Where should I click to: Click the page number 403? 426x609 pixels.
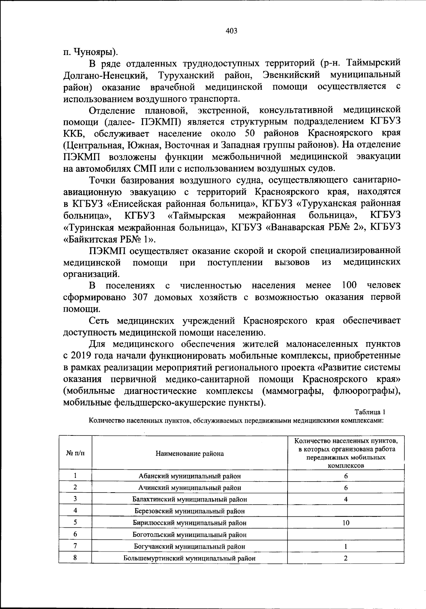[231, 31]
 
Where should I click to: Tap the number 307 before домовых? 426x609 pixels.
[138, 297]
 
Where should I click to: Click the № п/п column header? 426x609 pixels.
[75, 453]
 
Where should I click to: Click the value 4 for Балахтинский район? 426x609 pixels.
[346, 499]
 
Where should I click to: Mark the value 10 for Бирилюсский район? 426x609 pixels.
[346, 523]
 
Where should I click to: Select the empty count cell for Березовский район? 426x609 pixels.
[346, 511]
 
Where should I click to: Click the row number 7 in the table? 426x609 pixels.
[75, 546]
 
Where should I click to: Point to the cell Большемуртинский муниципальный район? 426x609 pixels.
[190, 558]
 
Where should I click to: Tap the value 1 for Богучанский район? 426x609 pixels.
[346, 546]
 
